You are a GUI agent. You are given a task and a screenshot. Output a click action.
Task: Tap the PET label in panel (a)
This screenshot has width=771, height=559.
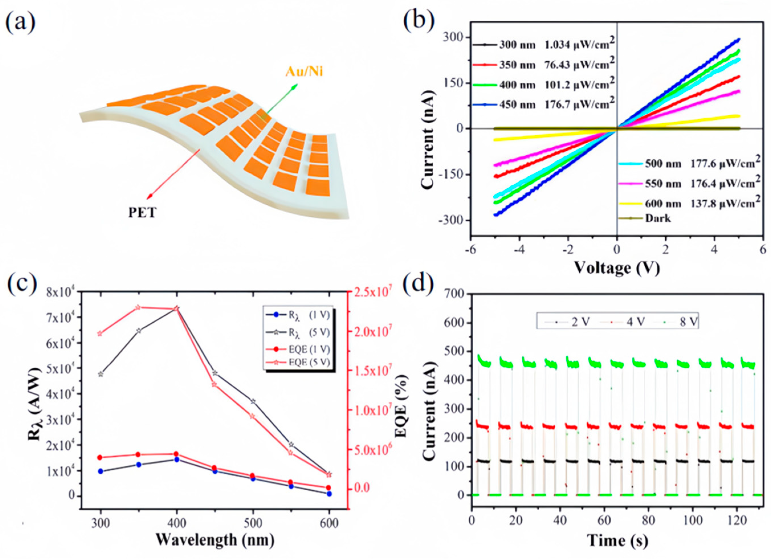point(142,212)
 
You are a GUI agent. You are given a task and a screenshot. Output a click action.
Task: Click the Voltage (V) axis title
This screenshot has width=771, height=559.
point(617,268)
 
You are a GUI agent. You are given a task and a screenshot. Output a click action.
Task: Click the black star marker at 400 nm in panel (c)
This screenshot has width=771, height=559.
point(176,308)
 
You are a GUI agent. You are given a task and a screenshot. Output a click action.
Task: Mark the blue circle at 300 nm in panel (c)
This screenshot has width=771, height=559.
point(101,471)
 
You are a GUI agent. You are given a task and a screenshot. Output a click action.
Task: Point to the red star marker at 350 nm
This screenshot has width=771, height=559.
point(138,307)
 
